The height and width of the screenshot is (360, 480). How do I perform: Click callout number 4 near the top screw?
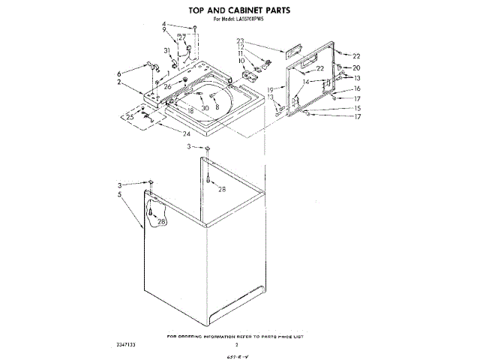pyautogui.click(x=163, y=25)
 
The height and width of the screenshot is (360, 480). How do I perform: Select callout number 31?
pyautogui.click(x=166, y=50)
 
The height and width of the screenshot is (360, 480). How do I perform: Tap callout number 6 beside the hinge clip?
pyautogui.click(x=118, y=73)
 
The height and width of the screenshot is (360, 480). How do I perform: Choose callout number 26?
pyautogui.click(x=168, y=87)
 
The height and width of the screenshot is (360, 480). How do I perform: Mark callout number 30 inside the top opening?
pyautogui.click(x=205, y=108)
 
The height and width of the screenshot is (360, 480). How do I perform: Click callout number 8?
pyautogui.click(x=217, y=107)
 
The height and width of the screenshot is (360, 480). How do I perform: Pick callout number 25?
pyautogui.click(x=129, y=116)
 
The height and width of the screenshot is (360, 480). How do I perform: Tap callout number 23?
pyautogui.click(x=241, y=40)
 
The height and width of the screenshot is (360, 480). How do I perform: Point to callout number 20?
pyautogui.click(x=356, y=68)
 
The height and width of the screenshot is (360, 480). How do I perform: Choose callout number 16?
pyautogui.click(x=358, y=88)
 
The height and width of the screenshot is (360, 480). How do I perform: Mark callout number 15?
pyautogui.click(x=358, y=108)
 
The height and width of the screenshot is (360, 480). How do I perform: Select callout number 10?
pyautogui.click(x=242, y=60)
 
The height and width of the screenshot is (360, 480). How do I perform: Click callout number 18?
pyautogui.click(x=191, y=110)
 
